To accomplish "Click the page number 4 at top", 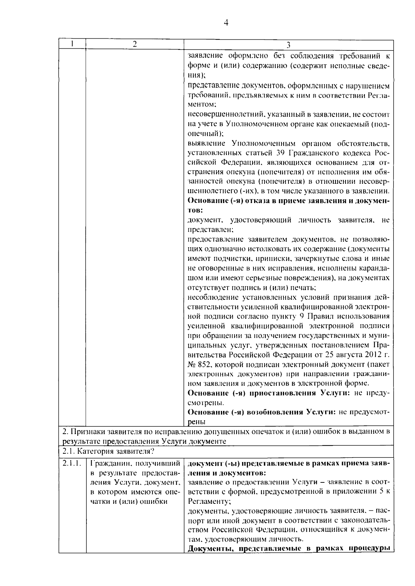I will tap(226, 23).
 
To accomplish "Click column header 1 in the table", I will tap(72, 44).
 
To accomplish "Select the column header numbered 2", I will tap(135, 44).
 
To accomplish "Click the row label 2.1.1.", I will tap(72, 463).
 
